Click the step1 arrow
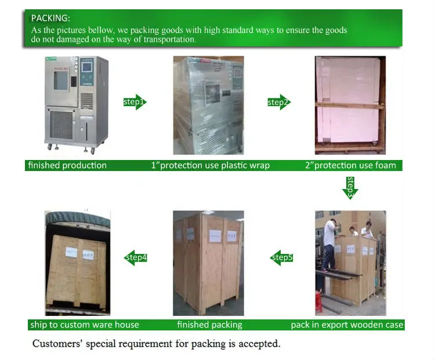[135, 102]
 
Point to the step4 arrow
[136, 257]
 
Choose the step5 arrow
[282, 257]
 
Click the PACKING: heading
[50, 18]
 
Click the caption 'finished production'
[67, 165]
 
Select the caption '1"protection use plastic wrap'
[210, 165]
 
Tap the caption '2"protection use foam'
[350, 165]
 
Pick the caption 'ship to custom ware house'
[84, 325]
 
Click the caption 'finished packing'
[209, 325]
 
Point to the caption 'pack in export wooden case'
[347, 325]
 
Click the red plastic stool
[318, 301]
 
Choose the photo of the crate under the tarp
[78, 263]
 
